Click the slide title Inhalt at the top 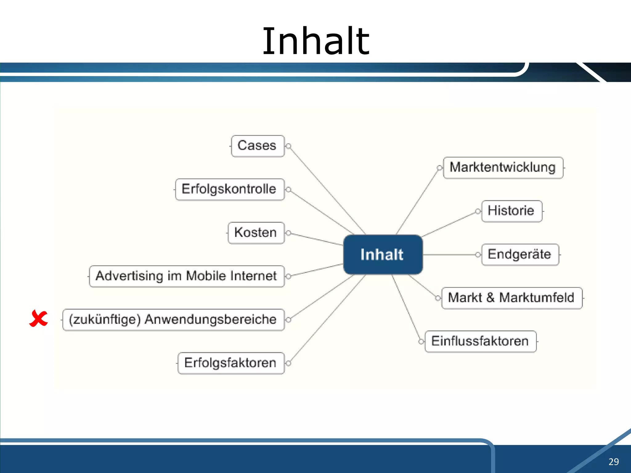(315, 42)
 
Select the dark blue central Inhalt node (383, 255)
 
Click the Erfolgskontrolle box (230, 189)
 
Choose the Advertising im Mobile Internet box (187, 276)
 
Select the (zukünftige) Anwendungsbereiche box (173, 320)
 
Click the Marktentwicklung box (503, 168)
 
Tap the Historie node (511, 211)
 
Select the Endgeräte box (520, 254)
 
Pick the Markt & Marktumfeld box (511, 298)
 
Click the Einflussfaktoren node (480, 341)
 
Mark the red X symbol (39, 318)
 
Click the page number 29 (613, 462)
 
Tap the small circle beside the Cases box (289, 146)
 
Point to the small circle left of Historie (478, 211)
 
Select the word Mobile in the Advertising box (206, 276)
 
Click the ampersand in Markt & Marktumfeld (491, 298)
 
